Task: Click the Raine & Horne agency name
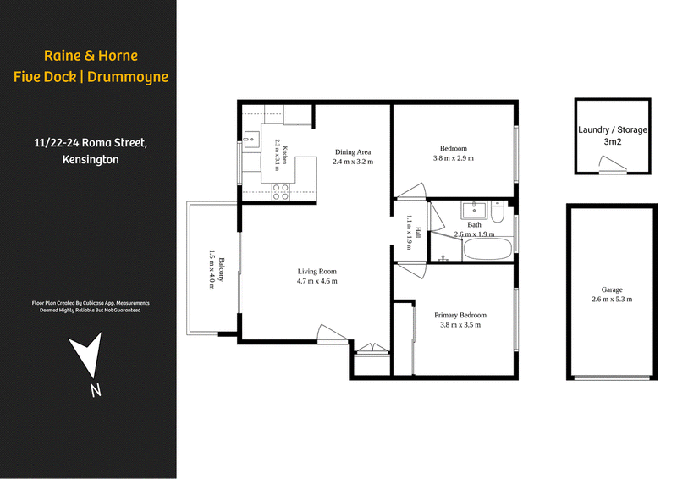pyautogui.click(x=91, y=56)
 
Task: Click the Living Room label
pyautogui.click(x=316, y=272)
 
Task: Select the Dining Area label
pyautogui.click(x=353, y=152)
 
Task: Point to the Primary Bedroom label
pyautogui.click(x=460, y=316)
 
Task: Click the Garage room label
pyautogui.click(x=612, y=289)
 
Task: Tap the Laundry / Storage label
pyautogui.click(x=612, y=129)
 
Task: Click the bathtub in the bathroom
pyautogui.click(x=488, y=249)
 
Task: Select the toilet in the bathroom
pyautogui.click(x=498, y=212)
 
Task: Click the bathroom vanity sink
pyautogui.click(x=474, y=210)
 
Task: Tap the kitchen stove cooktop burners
pyautogui.click(x=280, y=192)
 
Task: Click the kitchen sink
pyautogui.click(x=250, y=140)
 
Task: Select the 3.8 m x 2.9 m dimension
pyautogui.click(x=454, y=158)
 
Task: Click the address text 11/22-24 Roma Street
pyautogui.click(x=91, y=143)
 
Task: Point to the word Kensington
pyautogui.click(x=91, y=159)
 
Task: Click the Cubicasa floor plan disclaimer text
pyautogui.click(x=91, y=306)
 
